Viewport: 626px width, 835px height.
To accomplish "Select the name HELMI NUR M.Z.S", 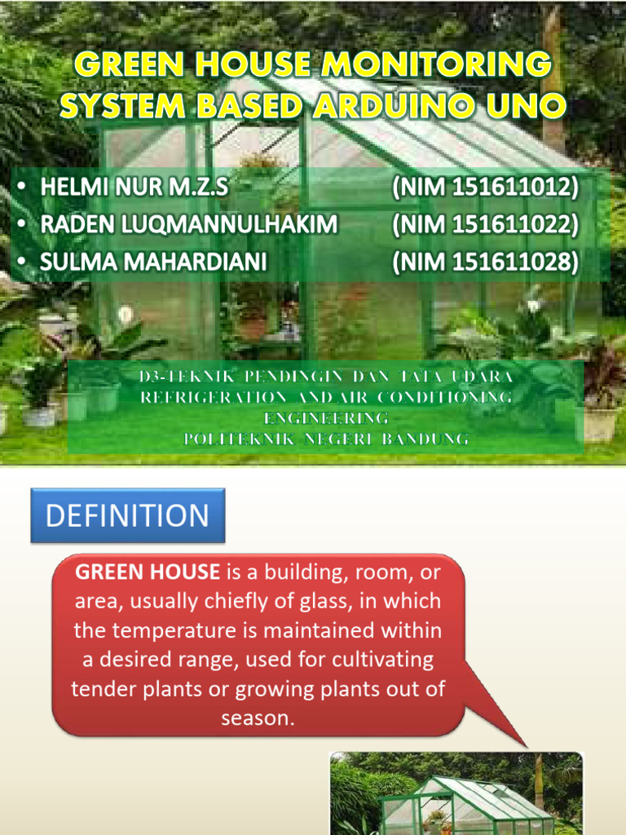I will [x=134, y=188].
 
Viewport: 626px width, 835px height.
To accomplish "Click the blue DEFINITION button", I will [x=127, y=515].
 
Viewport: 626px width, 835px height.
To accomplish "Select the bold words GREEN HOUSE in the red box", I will [x=148, y=572].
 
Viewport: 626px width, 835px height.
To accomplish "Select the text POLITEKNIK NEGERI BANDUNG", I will [x=326, y=440].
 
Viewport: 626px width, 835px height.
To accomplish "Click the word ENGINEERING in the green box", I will [x=326, y=418].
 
